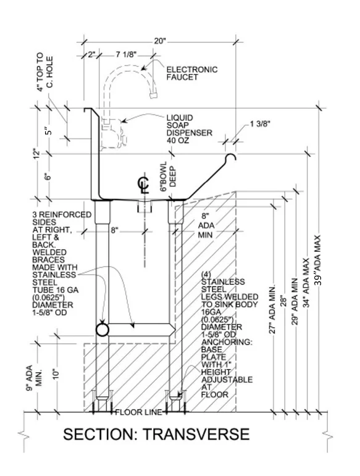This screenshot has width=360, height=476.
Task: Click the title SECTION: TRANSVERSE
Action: pyautogui.click(x=157, y=434)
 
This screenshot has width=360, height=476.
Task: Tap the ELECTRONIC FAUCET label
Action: pyautogui.click(x=192, y=74)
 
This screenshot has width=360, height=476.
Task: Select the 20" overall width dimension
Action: pyautogui.click(x=161, y=41)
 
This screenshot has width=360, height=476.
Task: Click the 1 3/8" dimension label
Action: pyautogui.click(x=261, y=125)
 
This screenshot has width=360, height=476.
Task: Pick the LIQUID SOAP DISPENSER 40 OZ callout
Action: pyautogui.click(x=189, y=129)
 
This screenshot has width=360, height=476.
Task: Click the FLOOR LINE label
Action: pyautogui.click(x=138, y=412)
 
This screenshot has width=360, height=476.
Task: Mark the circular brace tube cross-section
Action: pyautogui.click(x=103, y=329)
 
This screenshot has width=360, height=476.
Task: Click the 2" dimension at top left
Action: pyautogui.click(x=92, y=54)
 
